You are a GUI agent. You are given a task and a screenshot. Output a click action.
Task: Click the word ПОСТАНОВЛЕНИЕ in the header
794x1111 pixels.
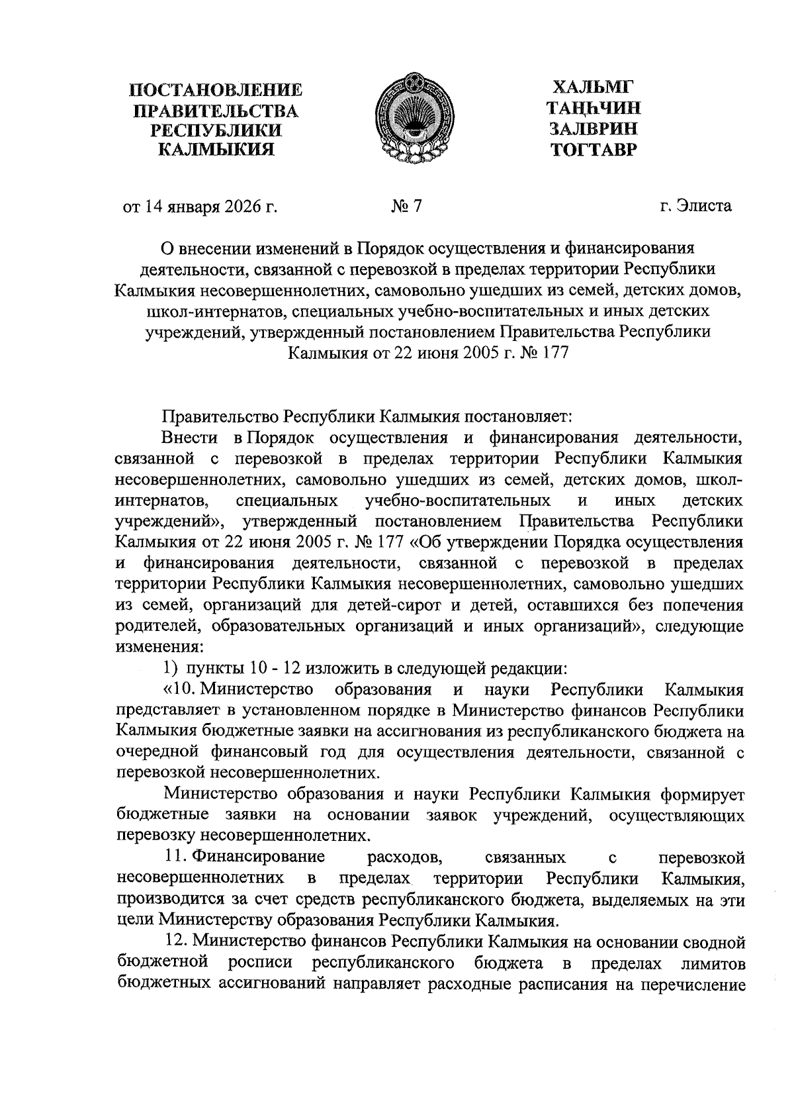pos(216,90)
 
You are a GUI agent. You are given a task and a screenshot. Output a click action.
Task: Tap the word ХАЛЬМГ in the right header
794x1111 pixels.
pos(592,87)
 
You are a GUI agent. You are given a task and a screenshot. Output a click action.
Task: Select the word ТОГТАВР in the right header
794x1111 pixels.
pos(593,150)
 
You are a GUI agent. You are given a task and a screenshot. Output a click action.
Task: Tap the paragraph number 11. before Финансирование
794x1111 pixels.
pos(177,857)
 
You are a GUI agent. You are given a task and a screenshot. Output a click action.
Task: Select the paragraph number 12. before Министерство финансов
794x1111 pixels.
pos(177,942)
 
